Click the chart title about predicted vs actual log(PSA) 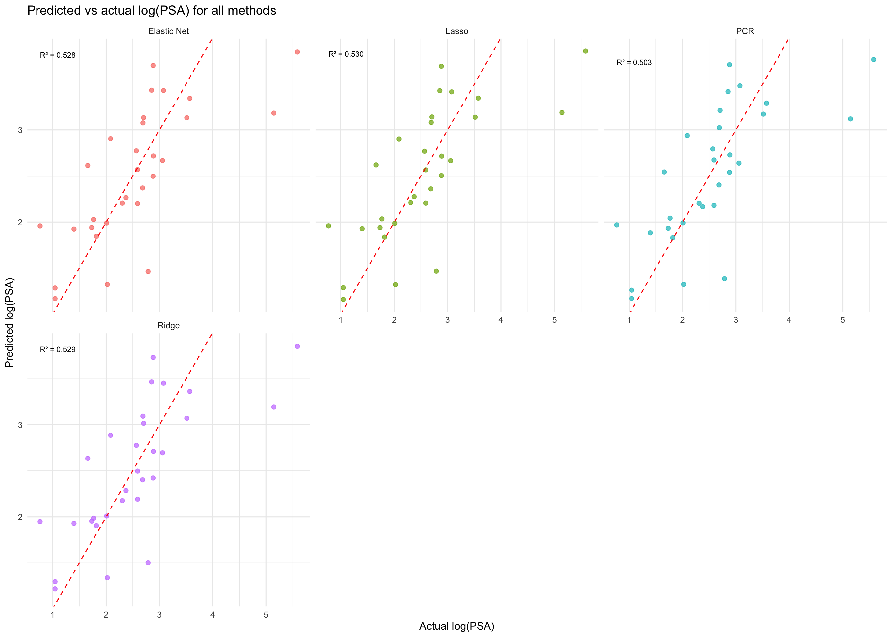point(151,11)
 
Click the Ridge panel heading point(169,326)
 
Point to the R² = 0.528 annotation point(58,56)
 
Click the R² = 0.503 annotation point(634,63)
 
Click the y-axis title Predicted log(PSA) point(9,322)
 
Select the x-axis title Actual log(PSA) point(457,626)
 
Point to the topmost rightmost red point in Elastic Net point(297,52)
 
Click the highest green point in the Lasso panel point(585,51)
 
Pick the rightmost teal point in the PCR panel point(873,60)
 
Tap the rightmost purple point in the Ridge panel point(297,346)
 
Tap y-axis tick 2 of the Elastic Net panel point(20,222)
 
